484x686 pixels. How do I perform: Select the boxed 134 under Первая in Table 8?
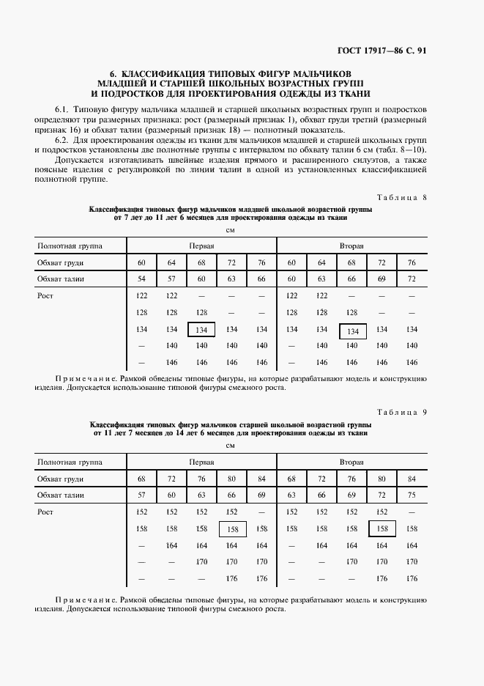pos(201,330)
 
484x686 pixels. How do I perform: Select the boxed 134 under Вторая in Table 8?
pos(352,331)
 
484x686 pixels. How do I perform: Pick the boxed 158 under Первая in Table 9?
pos(233,528)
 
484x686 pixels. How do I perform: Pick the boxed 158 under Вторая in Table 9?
pos(381,528)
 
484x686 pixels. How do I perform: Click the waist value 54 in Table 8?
pos(142,279)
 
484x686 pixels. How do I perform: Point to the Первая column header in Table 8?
pos(201,246)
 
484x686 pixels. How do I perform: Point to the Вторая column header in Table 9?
pos(351,462)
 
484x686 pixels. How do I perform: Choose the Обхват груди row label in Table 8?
pos(60,262)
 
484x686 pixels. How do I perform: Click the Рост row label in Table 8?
pos(45,296)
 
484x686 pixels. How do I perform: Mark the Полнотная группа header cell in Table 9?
pos(70,462)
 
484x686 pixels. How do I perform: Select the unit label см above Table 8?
pos(230,229)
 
